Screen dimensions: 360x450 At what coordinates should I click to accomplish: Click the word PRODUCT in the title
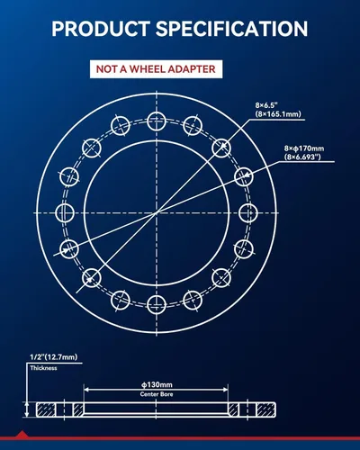click(100, 29)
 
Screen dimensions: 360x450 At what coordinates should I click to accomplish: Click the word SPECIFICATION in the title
click(231, 29)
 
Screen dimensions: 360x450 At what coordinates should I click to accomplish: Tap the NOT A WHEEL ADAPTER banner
click(156, 69)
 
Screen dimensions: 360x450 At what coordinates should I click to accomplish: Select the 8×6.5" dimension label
click(266, 105)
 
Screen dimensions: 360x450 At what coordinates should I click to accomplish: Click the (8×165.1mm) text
click(278, 114)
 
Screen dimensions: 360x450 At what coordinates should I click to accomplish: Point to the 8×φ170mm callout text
click(304, 148)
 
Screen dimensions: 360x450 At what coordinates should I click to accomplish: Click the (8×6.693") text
click(302, 157)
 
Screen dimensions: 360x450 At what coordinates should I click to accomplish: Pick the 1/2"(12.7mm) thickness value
click(53, 357)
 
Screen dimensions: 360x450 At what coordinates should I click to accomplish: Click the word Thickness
click(43, 368)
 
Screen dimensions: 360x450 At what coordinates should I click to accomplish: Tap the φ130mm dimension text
click(157, 384)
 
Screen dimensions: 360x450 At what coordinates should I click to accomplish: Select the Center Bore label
click(157, 394)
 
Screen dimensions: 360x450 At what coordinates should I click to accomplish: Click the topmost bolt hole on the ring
click(157, 121)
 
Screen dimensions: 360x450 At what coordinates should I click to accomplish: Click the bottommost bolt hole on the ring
click(157, 304)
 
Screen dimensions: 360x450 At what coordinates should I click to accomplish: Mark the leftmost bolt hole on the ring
click(65, 212)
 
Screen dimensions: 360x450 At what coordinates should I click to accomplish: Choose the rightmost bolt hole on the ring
click(248, 212)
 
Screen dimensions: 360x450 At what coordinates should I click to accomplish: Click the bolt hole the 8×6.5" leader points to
click(221, 148)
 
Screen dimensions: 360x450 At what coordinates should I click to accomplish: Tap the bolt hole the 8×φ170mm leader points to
click(243, 177)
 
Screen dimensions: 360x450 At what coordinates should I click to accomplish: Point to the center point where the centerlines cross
click(157, 212)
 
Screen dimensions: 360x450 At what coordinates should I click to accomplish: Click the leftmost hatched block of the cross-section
click(46, 409)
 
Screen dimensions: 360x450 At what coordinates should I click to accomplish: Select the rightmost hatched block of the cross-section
click(266, 409)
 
